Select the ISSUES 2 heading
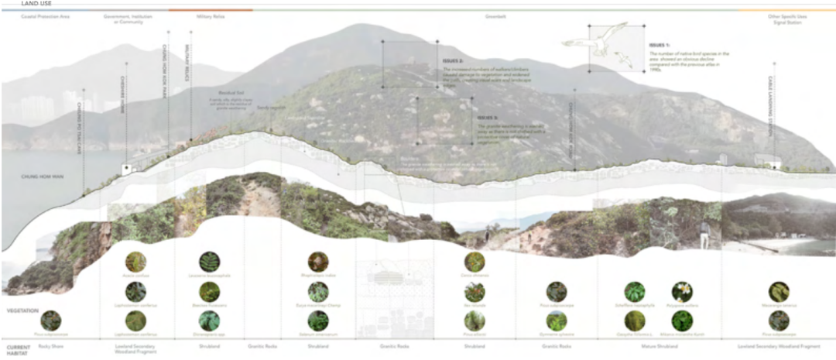coord(453,60)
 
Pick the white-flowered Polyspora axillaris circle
coord(682,291)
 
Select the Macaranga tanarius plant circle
coord(779,291)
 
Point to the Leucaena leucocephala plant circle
coord(209,262)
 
